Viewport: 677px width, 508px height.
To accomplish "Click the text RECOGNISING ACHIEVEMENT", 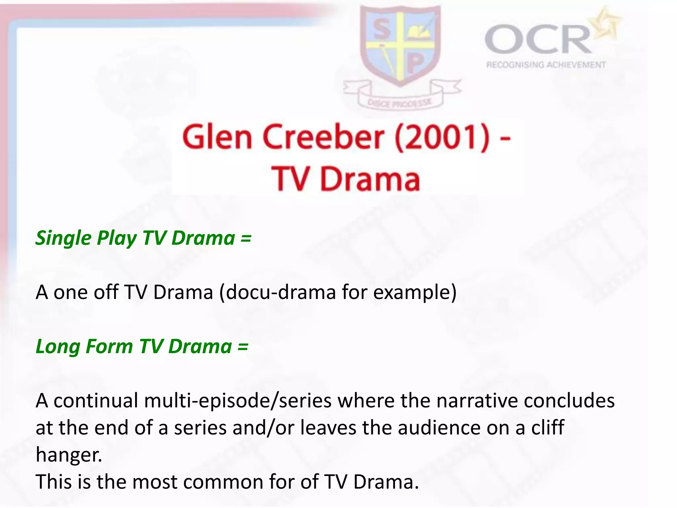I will pyautogui.click(x=546, y=65).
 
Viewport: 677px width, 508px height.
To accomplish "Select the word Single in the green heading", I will pyautogui.click(x=63, y=238).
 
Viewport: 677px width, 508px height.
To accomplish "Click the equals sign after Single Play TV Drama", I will pyautogui.click(x=246, y=238).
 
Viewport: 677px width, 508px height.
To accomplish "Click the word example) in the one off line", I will pyautogui.click(x=415, y=292).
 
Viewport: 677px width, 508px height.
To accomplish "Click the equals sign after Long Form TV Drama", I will pyautogui.click(x=243, y=347).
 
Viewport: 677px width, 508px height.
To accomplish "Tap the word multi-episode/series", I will pyautogui.click(x=238, y=401).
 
